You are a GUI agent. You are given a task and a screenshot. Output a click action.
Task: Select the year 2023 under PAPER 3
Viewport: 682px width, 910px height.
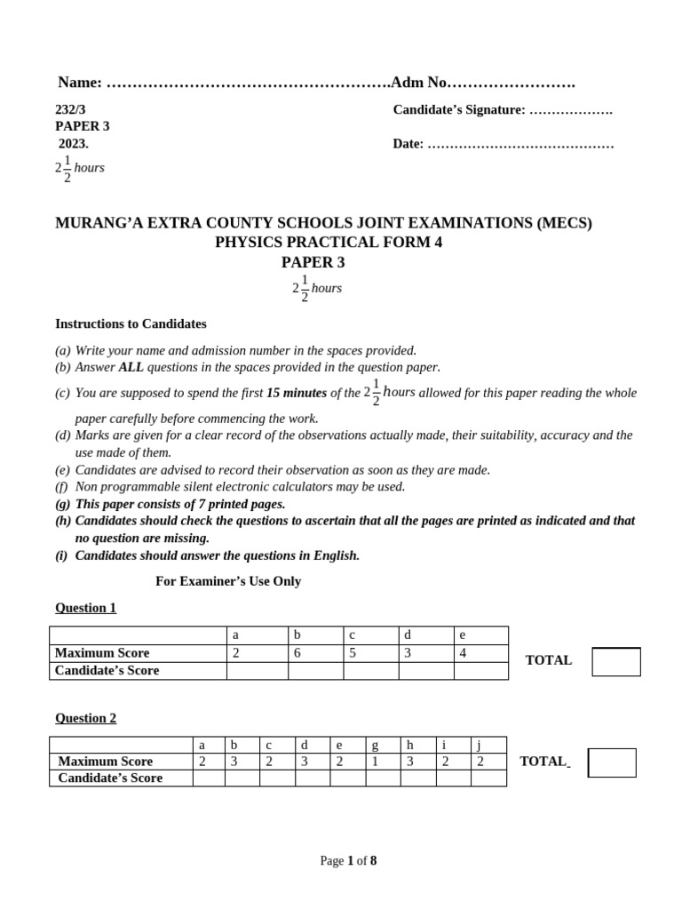click(74, 143)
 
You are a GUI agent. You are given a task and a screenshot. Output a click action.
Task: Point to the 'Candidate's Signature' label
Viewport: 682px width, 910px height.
click(459, 109)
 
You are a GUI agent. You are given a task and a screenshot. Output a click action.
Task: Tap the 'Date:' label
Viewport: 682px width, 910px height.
click(408, 143)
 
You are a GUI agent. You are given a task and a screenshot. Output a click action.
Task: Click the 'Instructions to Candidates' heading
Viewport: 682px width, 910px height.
click(131, 323)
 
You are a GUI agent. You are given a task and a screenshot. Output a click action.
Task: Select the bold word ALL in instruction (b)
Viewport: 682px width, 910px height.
click(131, 367)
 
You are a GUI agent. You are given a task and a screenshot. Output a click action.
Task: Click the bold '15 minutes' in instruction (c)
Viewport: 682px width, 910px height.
click(297, 393)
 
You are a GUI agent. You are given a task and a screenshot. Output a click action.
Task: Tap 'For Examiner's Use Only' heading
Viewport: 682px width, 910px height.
click(228, 581)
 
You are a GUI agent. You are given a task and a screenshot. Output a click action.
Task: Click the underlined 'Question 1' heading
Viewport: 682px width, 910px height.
click(85, 608)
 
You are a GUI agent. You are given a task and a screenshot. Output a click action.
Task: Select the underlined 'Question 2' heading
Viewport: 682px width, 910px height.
click(85, 718)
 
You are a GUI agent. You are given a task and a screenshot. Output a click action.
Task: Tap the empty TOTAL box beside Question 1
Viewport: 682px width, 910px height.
click(615, 661)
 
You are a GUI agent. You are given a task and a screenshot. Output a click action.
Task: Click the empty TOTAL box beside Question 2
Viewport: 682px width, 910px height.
click(612, 762)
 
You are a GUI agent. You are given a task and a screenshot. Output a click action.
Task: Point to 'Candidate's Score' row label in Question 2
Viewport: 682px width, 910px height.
click(110, 778)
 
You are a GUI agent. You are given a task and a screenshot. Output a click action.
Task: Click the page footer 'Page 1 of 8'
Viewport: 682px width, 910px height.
click(348, 860)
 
